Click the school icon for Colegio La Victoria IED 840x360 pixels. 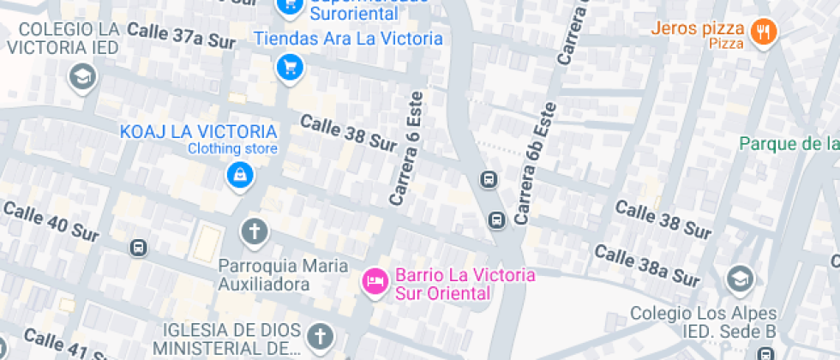pyautogui.click(x=82, y=77)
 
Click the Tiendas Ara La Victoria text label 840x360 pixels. pyautogui.click(x=348, y=39)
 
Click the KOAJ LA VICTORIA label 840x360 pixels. pyautogui.click(x=199, y=132)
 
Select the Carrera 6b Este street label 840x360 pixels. pyautogui.click(x=536, y=164)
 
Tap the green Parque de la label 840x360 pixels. pyautogui.click(x=789, y=143)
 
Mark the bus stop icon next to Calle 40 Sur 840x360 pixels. pyautogui.click(x=137, y=248)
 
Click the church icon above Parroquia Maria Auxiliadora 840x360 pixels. pyautogui.click(x=254, y=231)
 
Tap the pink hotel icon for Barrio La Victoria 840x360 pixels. pyautogui.click(x=375, y=279)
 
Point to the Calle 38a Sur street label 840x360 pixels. pyautogui.click(x=647, y=266)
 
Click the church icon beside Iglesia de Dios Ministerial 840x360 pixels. pyautogui.click(x=319, y=335)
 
